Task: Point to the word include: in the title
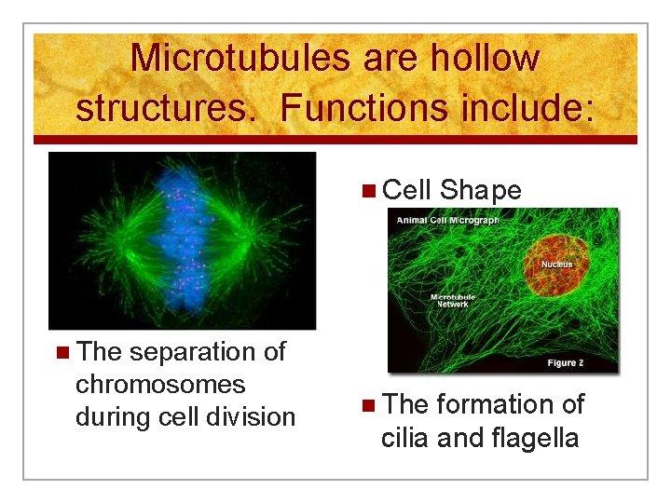525,108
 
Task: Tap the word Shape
480,190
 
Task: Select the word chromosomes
159,384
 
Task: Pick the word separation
183,352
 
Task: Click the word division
253,416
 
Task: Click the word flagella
534,437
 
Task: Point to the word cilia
408,437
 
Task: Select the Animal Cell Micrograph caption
447,221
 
